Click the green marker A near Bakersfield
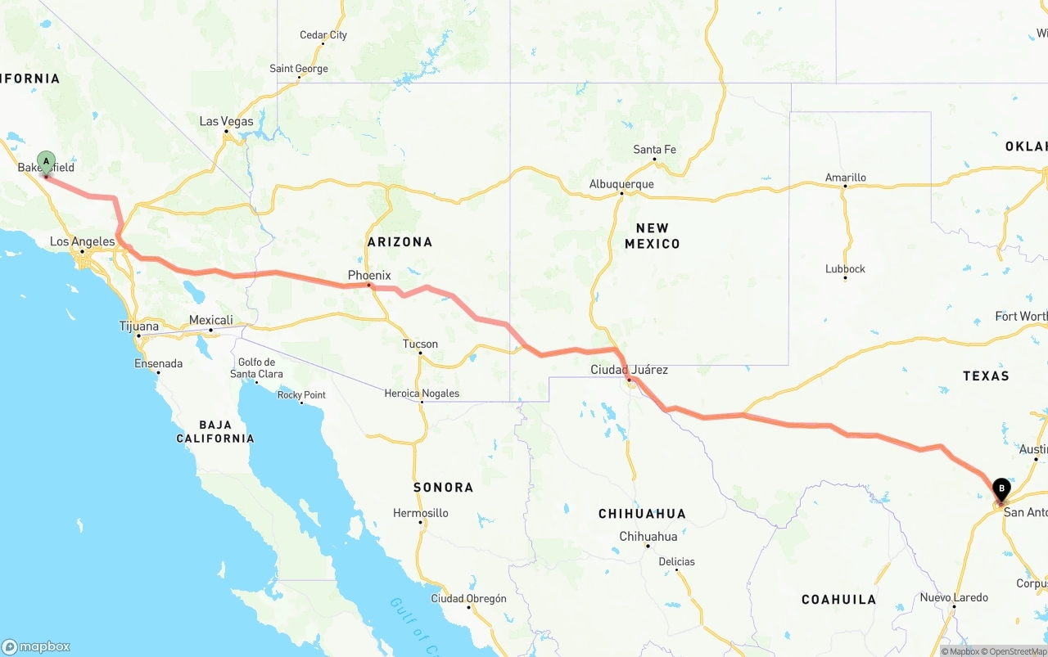coord(46,161)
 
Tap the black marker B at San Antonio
coord(1001,489)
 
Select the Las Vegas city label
coord(227,122)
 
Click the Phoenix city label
coord(369,276)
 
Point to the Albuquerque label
coord(621,184)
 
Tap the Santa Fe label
coord(654,150)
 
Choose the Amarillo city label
coord(845,178)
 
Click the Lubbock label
coord(845,269)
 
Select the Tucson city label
coord(420,344)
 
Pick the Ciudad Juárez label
coord(629,370)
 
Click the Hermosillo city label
coord(420,513)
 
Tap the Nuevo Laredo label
coord(954,597)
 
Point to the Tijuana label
coord(139,326)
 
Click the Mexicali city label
coord(210,320)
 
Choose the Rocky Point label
coord(301,395)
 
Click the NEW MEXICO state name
coord(652,236)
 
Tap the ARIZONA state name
coord(400,242)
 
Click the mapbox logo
coord(36,646)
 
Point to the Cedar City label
coord(323,35)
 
